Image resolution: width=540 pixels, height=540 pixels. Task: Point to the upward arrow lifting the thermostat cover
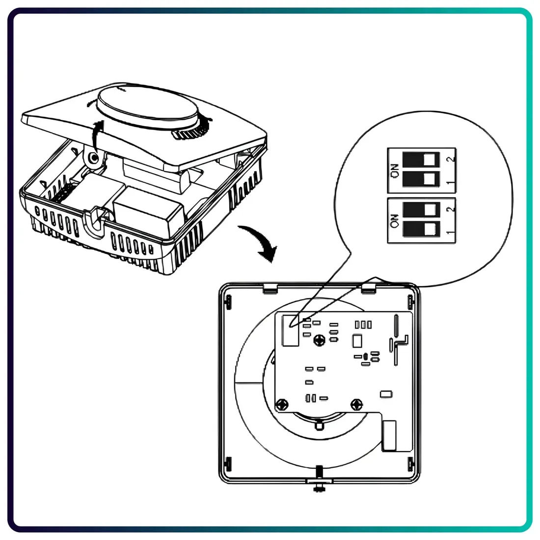[98, 135]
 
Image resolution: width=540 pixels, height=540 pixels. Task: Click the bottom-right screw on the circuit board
[357, 404]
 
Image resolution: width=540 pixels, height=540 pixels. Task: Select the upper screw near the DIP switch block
[320, 340]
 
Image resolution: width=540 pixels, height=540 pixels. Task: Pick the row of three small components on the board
[363, 324]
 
